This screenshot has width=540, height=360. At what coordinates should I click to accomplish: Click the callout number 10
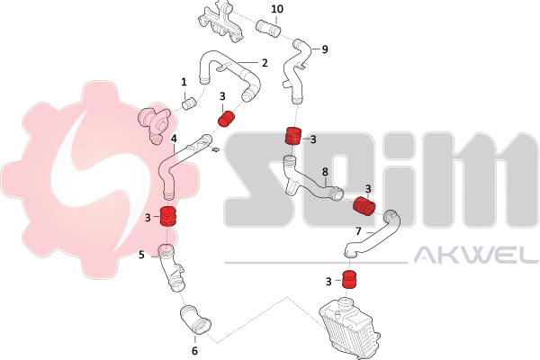(277, 9)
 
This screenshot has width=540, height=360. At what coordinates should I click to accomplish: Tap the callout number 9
(325, 49)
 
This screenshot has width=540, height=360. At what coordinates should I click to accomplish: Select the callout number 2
(264, 63)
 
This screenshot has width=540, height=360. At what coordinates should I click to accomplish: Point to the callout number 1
(184, 82)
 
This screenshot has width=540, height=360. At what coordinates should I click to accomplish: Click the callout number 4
(174, 139)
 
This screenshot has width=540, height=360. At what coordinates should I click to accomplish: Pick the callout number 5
(141, 255)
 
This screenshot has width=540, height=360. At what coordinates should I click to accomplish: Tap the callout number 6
(194, 351)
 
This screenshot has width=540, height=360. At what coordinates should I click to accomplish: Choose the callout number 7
(358, 231)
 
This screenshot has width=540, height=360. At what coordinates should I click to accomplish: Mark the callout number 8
(325, 171)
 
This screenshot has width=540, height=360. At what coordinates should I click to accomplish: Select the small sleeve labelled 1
(189, 103)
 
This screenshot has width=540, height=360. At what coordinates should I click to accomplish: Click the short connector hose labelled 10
(268, 29)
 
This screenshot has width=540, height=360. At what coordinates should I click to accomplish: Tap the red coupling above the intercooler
(349, 279)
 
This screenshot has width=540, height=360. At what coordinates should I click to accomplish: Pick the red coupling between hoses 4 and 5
(168, 216)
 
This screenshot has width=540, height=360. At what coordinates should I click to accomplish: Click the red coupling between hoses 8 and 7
(364, 206)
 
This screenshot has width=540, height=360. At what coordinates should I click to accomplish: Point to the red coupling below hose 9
(293, 136)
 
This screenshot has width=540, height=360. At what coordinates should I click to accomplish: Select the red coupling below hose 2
(227, 119)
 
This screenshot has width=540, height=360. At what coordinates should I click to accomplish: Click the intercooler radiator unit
(349, 325)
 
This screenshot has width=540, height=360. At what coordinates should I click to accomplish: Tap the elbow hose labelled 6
(195, 320)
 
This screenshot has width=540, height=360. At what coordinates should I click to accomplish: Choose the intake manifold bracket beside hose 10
(221, 22)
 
